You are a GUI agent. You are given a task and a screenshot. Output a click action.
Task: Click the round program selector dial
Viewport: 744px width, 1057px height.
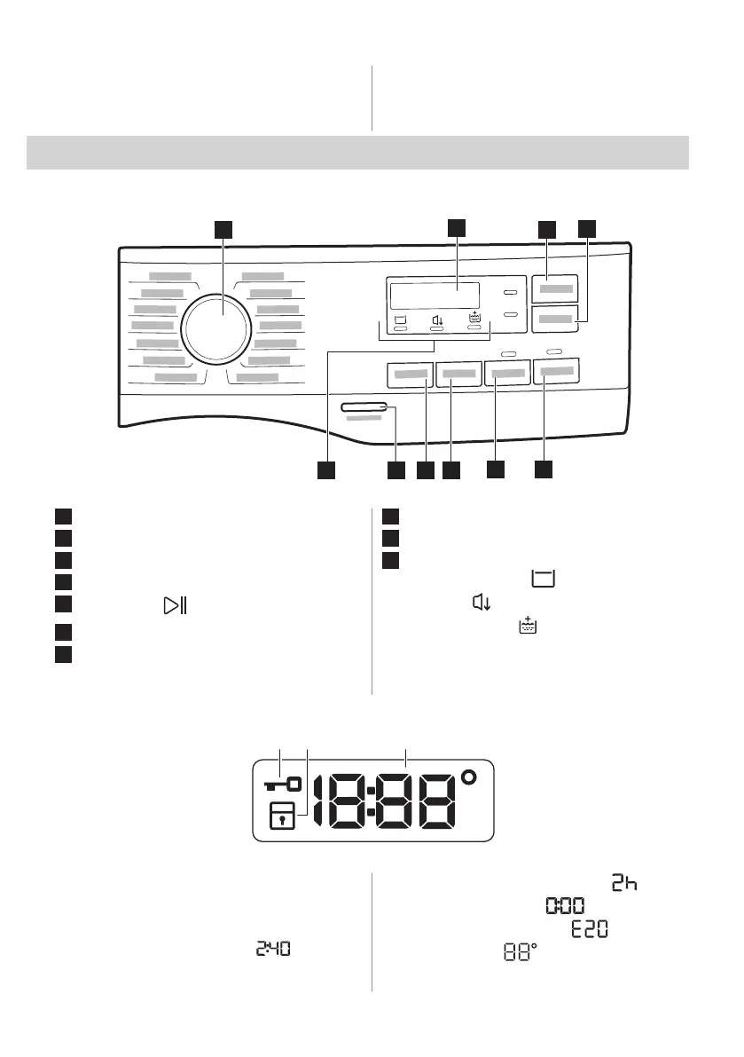pos(216,328)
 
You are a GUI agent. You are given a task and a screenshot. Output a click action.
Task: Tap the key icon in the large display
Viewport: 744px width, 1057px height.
pos(283,784)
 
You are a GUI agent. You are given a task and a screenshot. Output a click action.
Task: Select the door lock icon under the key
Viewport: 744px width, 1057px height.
pos(282,816)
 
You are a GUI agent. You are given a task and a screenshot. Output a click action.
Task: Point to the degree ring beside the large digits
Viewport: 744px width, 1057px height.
pos(468,777)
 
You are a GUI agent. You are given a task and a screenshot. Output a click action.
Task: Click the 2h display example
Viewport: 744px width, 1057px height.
pos(624,882)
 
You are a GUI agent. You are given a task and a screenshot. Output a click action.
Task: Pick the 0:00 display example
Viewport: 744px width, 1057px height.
pos(565,905)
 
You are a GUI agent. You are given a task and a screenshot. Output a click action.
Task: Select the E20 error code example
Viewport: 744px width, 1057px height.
pos(590,929)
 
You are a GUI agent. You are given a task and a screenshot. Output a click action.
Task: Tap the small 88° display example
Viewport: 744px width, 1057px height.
pos(521,952)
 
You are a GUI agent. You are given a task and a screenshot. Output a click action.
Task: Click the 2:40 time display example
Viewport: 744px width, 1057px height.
pos(273,949)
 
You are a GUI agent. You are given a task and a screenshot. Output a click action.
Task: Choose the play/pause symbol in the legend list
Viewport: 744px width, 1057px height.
pos(175,605)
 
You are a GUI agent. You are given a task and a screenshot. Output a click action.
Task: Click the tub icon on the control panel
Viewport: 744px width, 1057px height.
pos(400,319)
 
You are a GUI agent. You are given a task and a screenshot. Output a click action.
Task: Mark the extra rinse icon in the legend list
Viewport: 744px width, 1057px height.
pos(528,625)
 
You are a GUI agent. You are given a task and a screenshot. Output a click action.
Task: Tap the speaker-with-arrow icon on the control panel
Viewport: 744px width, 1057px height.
pos(437,320)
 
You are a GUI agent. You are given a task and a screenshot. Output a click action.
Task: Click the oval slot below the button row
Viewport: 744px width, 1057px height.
pos(364,407)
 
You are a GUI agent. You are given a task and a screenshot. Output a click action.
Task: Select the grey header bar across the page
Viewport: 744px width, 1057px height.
pos(357,153)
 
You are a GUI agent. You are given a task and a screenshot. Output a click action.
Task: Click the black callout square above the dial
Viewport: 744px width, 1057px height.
pos(223,229)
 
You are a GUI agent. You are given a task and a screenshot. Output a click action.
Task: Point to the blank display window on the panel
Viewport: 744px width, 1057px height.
pos(435,296)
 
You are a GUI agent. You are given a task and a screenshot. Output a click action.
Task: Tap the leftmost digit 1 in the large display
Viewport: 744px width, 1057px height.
pos(319,801)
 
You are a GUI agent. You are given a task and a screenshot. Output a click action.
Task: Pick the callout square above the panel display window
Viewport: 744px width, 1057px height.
pos(457,228)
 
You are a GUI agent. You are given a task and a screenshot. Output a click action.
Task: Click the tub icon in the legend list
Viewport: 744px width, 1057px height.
pos(544,579)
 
